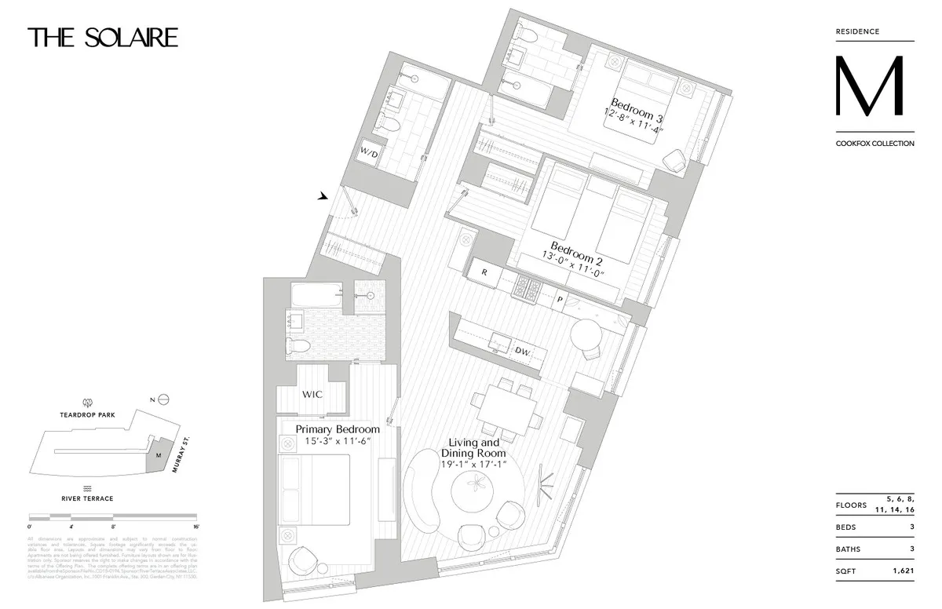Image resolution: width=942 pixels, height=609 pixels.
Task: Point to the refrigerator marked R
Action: tap(484, 272)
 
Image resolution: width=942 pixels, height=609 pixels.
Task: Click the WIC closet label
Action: tap(312, 394)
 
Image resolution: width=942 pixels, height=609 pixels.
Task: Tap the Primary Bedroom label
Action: tap(338, 429)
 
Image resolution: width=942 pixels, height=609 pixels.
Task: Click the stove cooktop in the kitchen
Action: tap(524, 288)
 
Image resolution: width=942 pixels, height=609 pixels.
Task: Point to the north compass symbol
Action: tap(162, 399)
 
